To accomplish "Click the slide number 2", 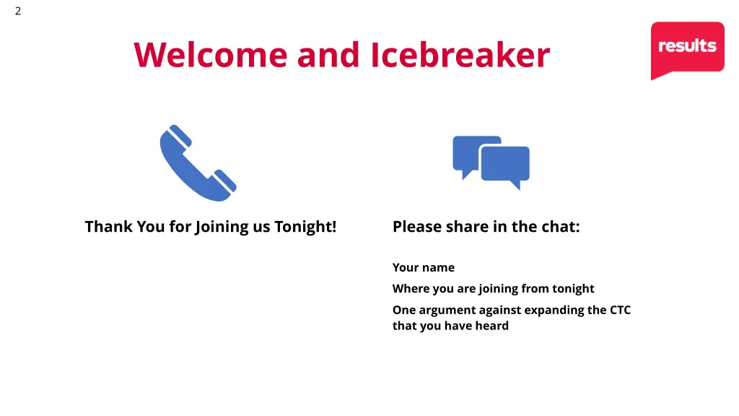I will coord(18,11).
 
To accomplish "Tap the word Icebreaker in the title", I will coord(460,56).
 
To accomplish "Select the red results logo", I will coord(687,48).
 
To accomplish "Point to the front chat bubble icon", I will coord(506,165).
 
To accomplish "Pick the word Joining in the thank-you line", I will coord(221,227).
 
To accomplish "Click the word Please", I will coord(416,227).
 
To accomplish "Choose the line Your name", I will coord(424,268).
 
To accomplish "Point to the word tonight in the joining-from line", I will coord(573,289).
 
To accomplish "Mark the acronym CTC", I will coord(620,310).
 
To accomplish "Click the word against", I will coord(500,310).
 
